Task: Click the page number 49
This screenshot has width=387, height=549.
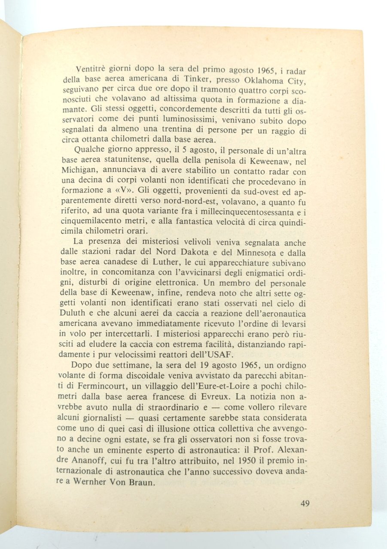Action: pyautogui.click(x=305, y=503)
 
